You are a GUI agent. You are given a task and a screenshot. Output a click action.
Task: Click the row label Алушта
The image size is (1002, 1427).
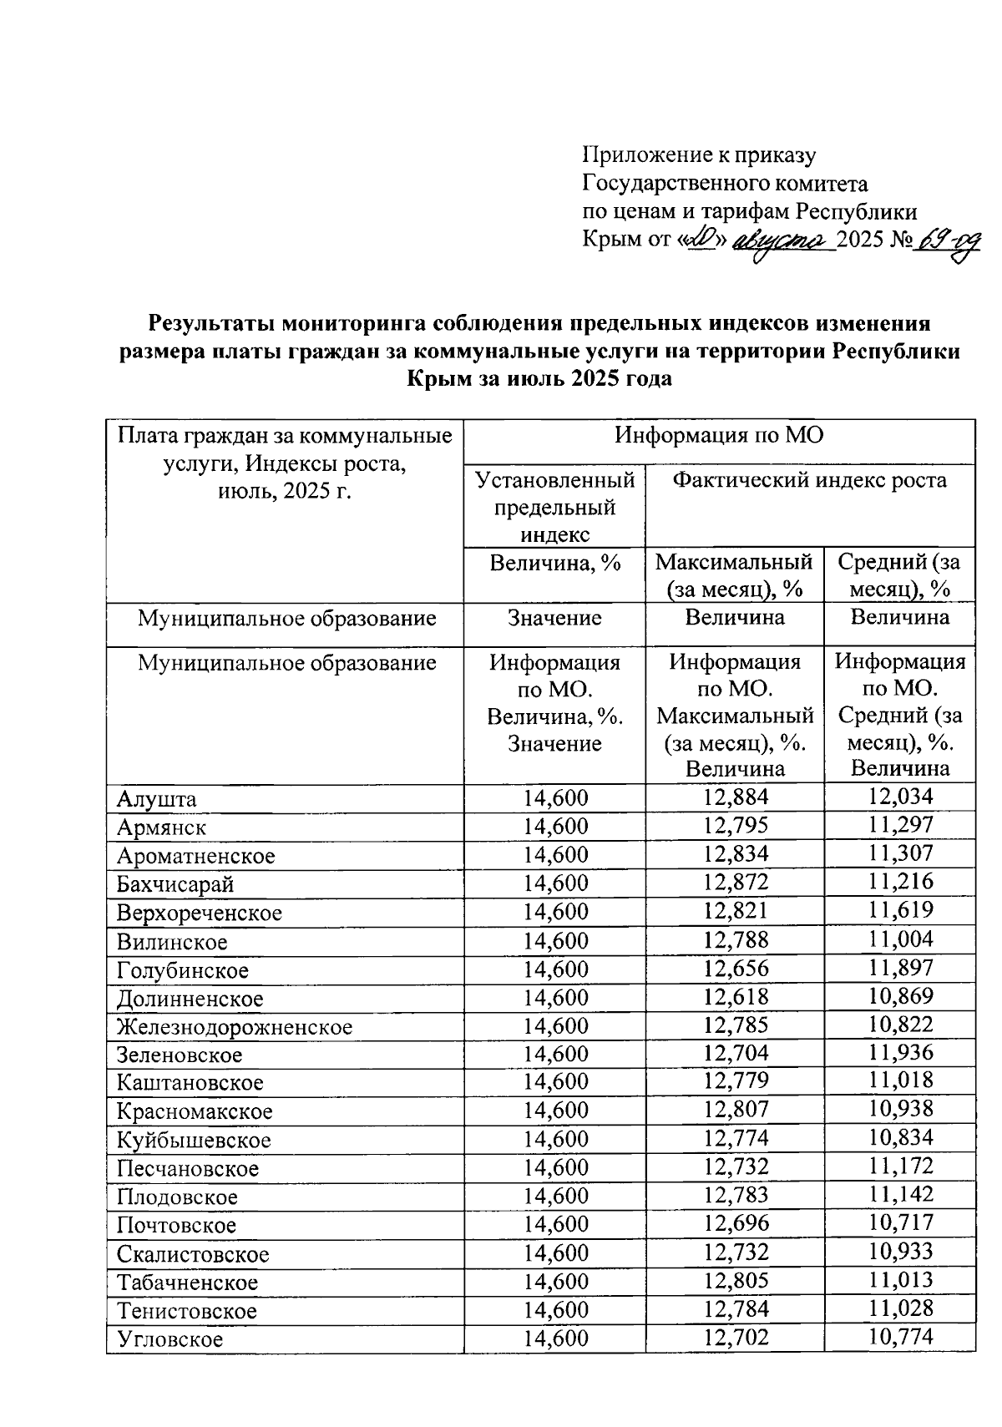(157, 799)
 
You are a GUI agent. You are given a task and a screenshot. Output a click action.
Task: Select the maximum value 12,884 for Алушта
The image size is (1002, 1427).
(736, 797)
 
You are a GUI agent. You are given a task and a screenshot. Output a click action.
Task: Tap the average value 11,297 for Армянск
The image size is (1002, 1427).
(900, 826)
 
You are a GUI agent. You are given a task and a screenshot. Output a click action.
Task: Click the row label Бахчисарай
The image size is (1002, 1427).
(175, 884)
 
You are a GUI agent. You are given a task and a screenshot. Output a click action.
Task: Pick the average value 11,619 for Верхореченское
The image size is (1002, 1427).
(900, 911)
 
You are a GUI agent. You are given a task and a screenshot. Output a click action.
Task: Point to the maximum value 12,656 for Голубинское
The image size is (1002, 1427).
(736, 969)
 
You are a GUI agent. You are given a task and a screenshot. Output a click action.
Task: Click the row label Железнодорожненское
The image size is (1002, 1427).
(235, 1027)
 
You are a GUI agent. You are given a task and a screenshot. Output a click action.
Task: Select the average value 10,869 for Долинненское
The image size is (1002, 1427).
(900, 997)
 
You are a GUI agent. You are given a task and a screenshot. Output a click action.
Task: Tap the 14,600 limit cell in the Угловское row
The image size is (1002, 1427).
(555, 1338)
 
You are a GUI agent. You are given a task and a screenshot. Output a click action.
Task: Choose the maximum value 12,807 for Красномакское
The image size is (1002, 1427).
(736, 1110)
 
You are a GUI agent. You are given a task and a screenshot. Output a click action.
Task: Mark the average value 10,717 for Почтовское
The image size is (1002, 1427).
(900, 1223)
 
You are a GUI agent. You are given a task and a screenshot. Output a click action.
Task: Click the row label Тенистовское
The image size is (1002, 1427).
(187, 1311)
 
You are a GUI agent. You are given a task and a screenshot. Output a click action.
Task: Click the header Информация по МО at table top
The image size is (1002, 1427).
(718, 436)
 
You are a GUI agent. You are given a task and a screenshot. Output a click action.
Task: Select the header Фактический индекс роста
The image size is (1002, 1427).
(810, 480)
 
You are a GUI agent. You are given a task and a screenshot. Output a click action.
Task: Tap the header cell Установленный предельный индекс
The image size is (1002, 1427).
(555, 506)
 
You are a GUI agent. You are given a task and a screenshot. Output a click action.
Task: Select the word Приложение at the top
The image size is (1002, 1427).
(640, 154)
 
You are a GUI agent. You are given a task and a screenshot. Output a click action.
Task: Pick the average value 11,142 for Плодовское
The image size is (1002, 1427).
(900, 1195)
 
